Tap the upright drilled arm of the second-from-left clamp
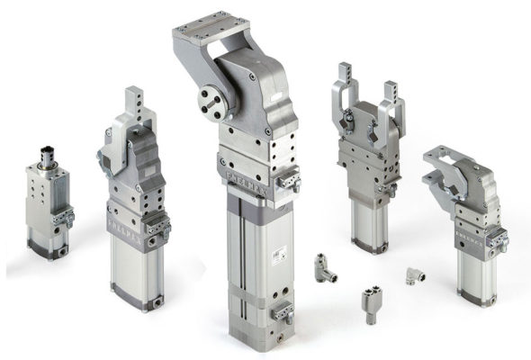pyautogui.click(x=135, y=103)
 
